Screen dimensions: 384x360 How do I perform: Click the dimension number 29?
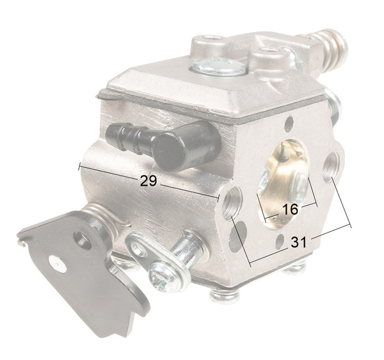pos(148,181)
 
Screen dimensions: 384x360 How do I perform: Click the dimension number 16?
pos(290,209)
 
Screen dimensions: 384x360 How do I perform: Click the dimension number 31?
pos(298,242)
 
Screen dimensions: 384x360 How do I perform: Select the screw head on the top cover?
pos(218,66)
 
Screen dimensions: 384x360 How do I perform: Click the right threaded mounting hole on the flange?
pos(332,167)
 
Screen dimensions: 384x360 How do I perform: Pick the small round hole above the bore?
pos(290,122)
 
